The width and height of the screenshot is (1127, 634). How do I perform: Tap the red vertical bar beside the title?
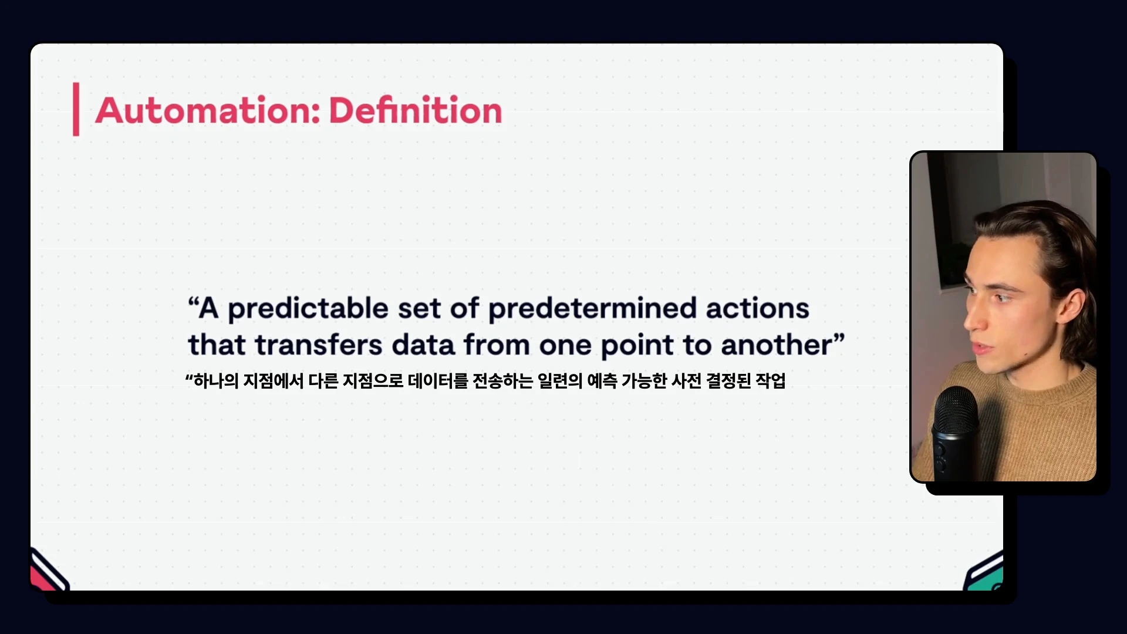pos(76,109)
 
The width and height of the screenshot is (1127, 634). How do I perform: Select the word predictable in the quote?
pos(308,309)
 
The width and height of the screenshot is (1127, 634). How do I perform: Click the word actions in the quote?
pos(757,309)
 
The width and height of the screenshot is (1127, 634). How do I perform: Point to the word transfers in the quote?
pos(319,345)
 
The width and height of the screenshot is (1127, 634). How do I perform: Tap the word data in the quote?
pos(423,345)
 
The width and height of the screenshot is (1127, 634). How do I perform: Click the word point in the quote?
pos(637,346)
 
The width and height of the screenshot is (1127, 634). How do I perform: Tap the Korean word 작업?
pos(770,381)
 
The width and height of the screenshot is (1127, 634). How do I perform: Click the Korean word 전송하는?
pos(503,381)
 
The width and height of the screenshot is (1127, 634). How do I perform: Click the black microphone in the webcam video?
pos(955,433)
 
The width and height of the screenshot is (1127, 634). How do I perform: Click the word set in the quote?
pos(419,309)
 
